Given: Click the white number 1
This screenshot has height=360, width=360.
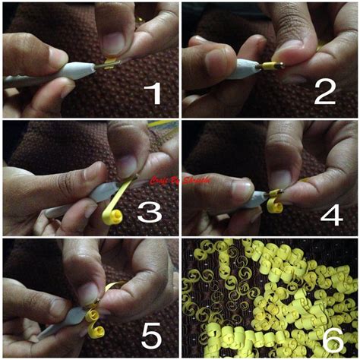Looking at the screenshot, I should [153, 93].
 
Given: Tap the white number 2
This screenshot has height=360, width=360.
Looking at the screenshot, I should [325, 93].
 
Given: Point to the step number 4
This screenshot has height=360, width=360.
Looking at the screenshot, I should [332, 213].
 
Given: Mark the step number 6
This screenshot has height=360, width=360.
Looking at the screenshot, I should [332, 339].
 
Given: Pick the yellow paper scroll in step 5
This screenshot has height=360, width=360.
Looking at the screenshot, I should [93, 324].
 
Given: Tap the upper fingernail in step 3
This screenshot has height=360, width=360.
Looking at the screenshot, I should [128, 163].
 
